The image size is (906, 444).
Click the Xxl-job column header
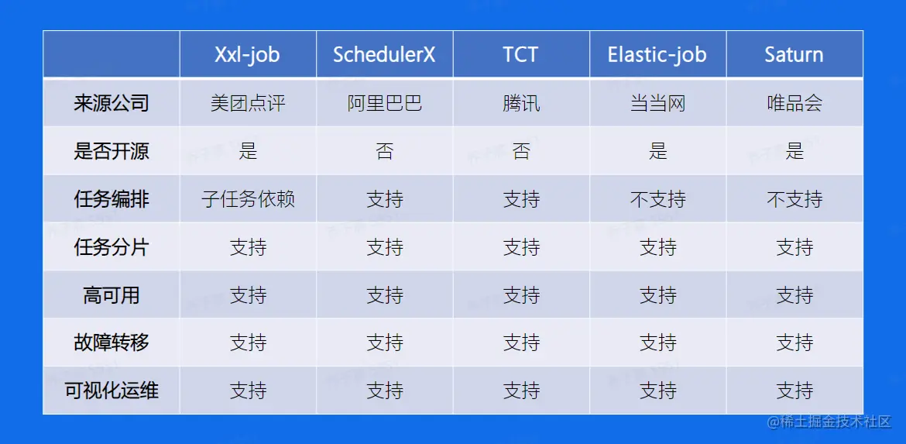coord(247,54)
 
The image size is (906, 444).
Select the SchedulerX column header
coord(384,54)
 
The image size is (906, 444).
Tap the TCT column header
coord(520,54)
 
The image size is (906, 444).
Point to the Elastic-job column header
coord(657,54)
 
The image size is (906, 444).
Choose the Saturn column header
coord(794,54)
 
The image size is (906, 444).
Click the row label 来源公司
coord(112,103)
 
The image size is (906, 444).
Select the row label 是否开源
coord(112,151)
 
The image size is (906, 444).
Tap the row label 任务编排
coord(112,199)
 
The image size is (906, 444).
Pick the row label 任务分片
coord(112,247)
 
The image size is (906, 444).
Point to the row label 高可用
coord(112,295)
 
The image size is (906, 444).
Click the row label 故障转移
coord(112,342)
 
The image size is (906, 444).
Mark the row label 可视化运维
coord(112,391)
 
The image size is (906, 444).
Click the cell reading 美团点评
coord(248,104)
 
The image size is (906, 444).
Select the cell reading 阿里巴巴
coord(385,104)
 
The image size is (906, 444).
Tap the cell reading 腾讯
coord(521,104)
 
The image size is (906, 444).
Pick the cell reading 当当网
coord(658,104)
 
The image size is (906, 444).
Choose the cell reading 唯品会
coord(794,104)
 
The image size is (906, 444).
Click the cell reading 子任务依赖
coord(248,200)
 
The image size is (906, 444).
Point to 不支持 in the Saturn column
coord(794,200)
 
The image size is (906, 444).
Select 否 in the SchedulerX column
coord(385,151)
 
